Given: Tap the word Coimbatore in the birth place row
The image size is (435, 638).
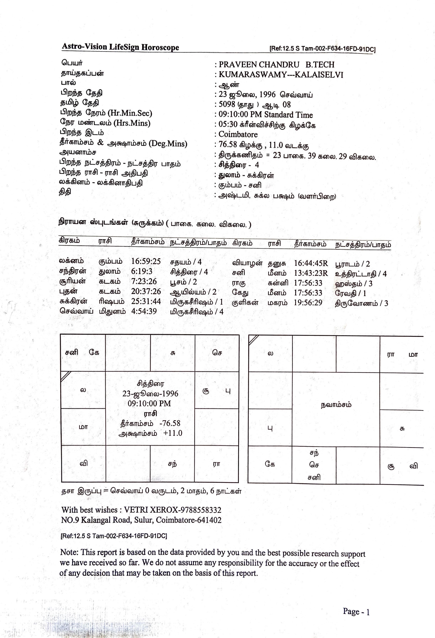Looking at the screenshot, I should (238, 135).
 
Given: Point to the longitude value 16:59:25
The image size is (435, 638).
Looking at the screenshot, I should (146, 261).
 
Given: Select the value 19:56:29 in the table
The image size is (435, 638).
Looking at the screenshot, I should (308, 303).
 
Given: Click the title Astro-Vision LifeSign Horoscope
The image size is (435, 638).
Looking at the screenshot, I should (120, 47).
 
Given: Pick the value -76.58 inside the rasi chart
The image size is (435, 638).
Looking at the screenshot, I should (170, 423).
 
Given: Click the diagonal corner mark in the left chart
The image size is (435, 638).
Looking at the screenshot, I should (66, 376).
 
